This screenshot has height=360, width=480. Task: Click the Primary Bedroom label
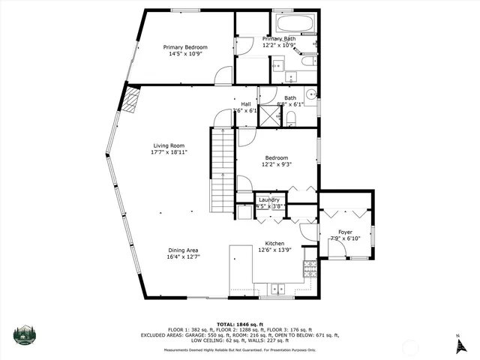pos(185,47)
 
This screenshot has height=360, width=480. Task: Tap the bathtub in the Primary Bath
pos(293,22)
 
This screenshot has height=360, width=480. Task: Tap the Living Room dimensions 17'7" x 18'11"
pos(169,152)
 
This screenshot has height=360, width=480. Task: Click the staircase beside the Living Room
pos(220,171)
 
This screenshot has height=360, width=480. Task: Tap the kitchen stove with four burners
pos(308,268)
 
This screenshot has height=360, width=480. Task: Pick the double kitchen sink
pos(278,287)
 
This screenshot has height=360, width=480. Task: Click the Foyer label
pos(345,232)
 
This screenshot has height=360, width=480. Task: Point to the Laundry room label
pos(269,199)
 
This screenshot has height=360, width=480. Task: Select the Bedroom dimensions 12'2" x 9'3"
pos(276,164)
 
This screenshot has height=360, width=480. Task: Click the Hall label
pos(245,104)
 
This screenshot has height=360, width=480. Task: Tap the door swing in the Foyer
pos(338,251)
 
